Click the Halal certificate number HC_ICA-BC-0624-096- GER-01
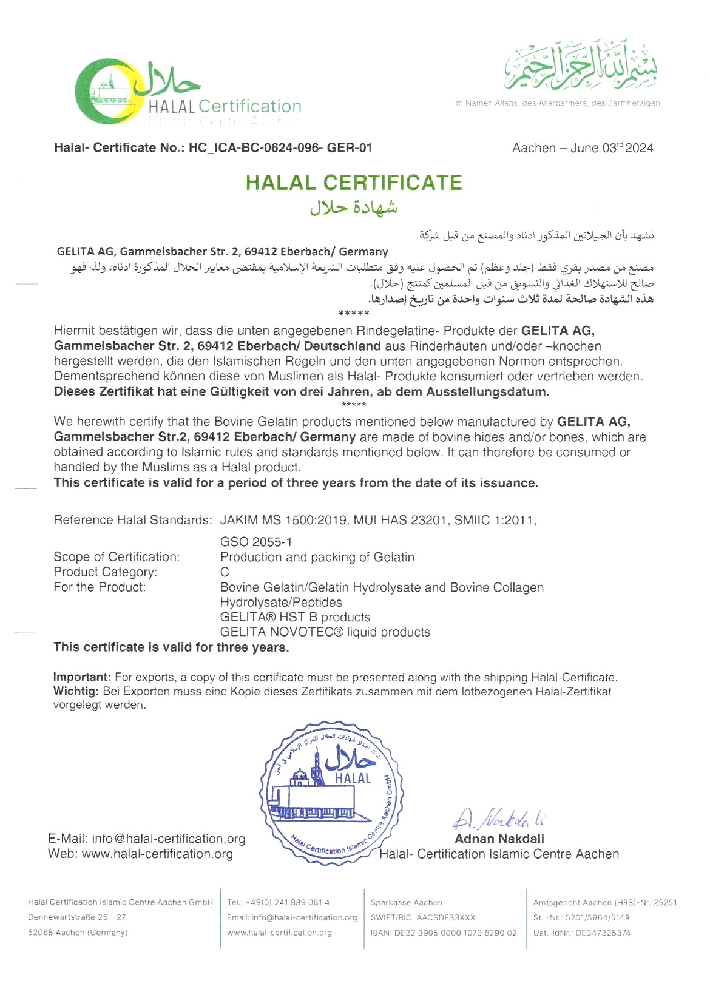click(x=280, y=148)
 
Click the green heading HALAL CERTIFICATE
click(x=354, y=183)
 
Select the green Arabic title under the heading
click(x=354, y=208)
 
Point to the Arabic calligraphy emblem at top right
click(x=581, y=66)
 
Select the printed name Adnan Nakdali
click(x=499, y=839)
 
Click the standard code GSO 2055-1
click(x=256, y=542)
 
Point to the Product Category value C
click(x=225, y=572)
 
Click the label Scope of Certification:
click(x=117, y=557)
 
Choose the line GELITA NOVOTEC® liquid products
click(x=325, y=632)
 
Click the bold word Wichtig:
click(x=76, y=692)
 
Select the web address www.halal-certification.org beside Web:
click(x=157, y=854)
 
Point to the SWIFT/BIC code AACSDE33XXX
click(x=445, y=918)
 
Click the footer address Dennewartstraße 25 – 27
click(x=77, y=918)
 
